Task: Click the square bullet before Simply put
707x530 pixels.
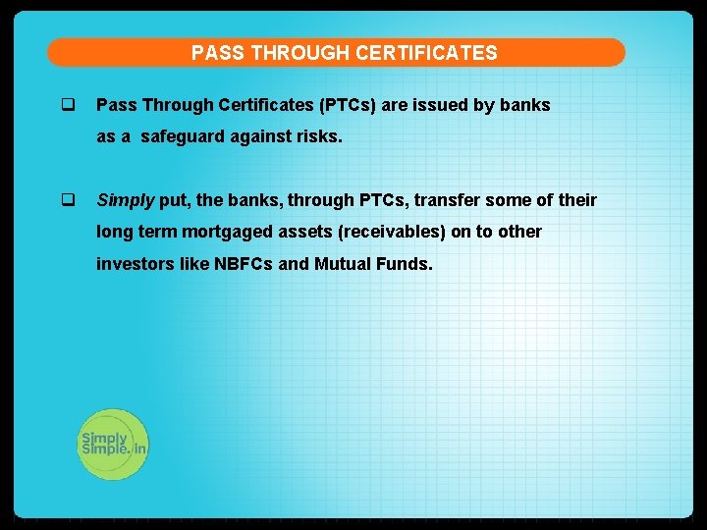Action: coord(68,200)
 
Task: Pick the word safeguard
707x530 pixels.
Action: coord(181,137)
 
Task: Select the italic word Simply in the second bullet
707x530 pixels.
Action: coord(126,200)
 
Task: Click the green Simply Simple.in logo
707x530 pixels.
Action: coord(113,444)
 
